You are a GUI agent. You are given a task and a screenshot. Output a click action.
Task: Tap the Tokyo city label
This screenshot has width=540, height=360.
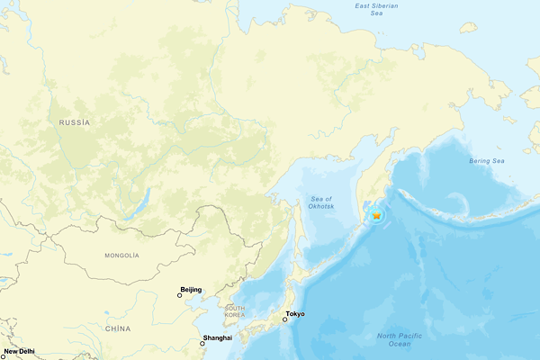295,314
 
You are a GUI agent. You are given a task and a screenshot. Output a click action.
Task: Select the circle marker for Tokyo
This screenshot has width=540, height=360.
285,319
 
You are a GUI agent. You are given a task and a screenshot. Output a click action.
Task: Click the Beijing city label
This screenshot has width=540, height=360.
191,290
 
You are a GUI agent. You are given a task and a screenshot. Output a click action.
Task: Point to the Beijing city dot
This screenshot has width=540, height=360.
179,294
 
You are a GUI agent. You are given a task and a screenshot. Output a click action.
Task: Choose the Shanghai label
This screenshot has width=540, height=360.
218,337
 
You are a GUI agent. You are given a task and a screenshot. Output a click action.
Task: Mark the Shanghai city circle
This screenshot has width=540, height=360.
202,342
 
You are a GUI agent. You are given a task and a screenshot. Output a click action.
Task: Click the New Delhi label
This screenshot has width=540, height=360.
20,351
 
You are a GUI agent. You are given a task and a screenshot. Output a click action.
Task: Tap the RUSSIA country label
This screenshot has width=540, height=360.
75,121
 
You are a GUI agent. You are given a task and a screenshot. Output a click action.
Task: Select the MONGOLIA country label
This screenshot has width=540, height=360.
121,256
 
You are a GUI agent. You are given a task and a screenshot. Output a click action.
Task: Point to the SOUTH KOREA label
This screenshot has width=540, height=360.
235,311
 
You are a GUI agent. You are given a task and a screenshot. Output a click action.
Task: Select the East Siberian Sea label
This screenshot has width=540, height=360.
375,10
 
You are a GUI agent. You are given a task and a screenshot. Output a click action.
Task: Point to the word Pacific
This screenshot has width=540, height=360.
400,336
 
